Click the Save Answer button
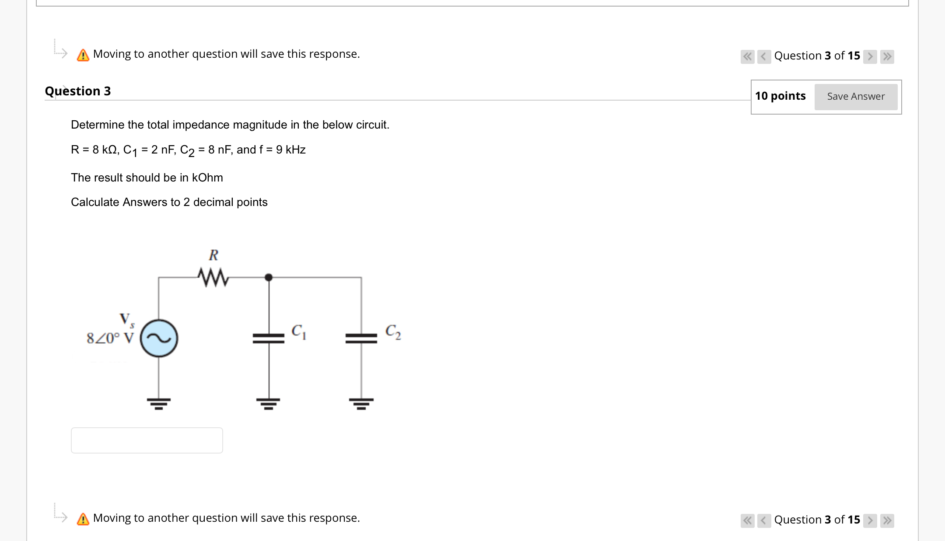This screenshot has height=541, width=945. [x=855, y=97]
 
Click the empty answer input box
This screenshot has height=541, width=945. [x=147, y=440]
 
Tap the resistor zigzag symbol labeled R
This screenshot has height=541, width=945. [x=213, y=277]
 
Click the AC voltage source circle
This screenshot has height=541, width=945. [x=159, y=339]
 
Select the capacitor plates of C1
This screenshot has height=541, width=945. [x=269, y=339]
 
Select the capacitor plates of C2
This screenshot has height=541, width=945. [x=361, y=339]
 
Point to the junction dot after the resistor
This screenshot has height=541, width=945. [x=269, y=277]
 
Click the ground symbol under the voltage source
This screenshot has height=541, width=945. [x=159, y=403]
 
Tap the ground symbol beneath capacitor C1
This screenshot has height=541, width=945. [x=269, y=403]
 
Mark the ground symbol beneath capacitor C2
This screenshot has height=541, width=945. [x=361, y=403]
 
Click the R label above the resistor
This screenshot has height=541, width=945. [x=213, y=255]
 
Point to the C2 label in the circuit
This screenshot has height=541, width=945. [x=392, y=332]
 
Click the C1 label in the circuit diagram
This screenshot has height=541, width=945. [x=298, y=332]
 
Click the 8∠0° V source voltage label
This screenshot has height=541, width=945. [x=110, y=338]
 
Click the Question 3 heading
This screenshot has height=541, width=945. [x=78, y=91]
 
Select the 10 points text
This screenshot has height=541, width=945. [x=780, y=96]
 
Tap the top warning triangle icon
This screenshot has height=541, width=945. [x=83, y=55]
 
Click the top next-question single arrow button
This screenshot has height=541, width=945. [x=870, y=56]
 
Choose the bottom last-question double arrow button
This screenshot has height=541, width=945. [x=887, y=520]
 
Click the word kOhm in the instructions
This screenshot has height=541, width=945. [x=207, y=178]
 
